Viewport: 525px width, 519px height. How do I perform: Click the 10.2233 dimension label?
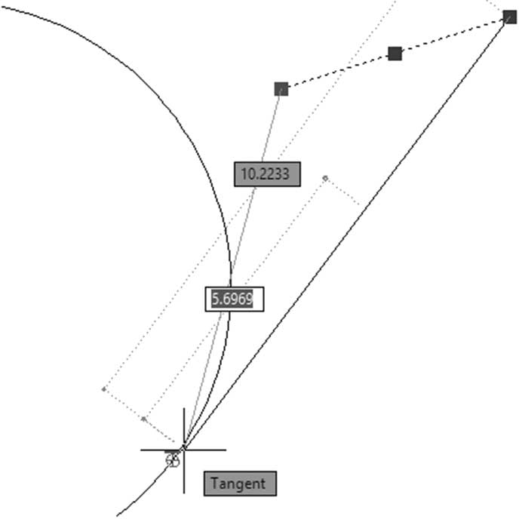[x=267, y=174]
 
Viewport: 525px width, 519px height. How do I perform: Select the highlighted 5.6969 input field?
[x=235, y=299]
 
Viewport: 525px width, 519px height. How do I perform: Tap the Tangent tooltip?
[x=240, y=484]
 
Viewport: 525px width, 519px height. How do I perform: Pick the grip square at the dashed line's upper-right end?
[x=510, y=17]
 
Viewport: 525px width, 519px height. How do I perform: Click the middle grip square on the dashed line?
[x=395, y=54]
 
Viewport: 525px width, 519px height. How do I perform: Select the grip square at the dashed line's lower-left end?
[x=281, y=89]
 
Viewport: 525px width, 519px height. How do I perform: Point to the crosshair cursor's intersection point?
[x=184, y=450]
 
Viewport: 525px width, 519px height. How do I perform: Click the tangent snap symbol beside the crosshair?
[x=173, y=459]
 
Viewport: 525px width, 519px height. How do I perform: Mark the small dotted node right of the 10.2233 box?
[x=325, y=179]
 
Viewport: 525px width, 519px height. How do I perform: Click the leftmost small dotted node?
[x=104, y=389]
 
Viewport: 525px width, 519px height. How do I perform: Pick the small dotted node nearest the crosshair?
[x=143, y=419]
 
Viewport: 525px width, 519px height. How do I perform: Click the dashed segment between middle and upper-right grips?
[x=452, y=35]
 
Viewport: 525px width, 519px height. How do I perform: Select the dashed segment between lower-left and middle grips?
[x=338, y=72]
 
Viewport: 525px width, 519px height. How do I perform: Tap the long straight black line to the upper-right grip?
[x=346, y=234]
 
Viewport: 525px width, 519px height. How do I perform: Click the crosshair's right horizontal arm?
[x=205, y=450]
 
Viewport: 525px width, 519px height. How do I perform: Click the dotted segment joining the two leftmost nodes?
[x=124, y=404]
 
